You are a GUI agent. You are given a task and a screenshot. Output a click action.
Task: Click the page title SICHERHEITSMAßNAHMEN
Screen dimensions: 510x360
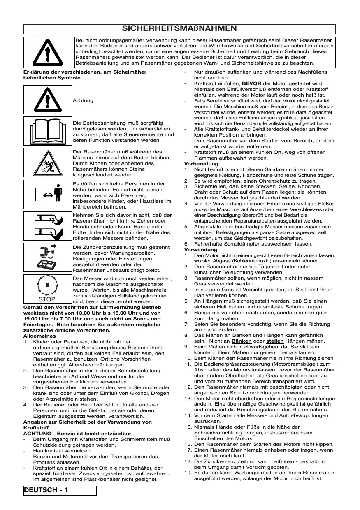point(179,28)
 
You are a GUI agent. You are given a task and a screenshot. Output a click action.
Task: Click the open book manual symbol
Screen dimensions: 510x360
point(47,131)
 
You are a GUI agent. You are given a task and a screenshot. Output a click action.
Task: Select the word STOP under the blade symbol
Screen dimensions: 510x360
point(47,299)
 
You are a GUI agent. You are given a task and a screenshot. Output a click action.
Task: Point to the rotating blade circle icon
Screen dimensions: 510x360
point(47,286)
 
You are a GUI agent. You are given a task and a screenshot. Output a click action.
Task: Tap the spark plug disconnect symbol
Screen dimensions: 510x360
point(47,258)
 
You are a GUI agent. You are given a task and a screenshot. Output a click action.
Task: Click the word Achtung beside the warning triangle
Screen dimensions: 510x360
point(83,100)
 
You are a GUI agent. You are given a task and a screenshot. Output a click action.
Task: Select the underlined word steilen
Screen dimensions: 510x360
point(275,341)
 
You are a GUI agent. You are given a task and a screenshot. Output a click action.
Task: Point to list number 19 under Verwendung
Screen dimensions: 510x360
point(188,473)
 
